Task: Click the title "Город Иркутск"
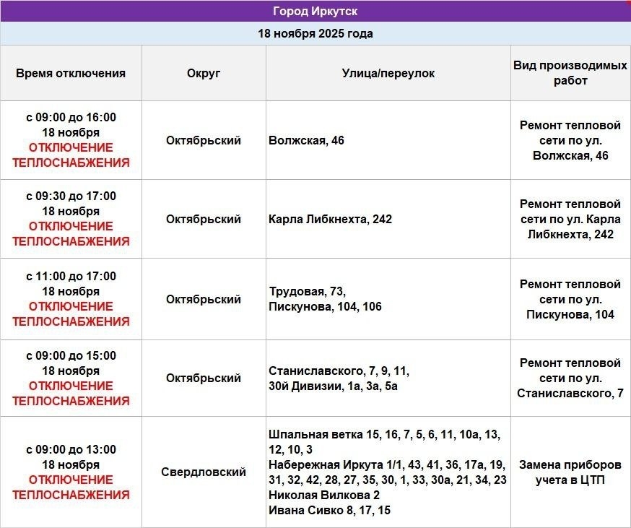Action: [x=315, y=11]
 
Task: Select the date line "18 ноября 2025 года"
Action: [x=315, y=33]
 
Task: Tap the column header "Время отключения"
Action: [x=71, y=73]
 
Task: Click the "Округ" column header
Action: [x=204, y=73]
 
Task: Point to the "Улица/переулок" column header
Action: [x=388, y=73]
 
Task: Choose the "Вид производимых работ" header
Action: [x=570, y=73]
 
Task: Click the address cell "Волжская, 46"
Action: [x=306, y=140]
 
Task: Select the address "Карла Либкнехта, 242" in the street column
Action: [x=330, y=219]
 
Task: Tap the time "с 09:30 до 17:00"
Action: [x=71, y=196]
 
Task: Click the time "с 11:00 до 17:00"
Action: [x=71, y=276]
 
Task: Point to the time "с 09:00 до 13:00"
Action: [x=71, y=449]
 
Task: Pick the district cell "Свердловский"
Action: [x=204, y=472]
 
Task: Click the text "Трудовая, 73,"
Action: [x=308, y=291]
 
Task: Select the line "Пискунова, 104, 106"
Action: [x=325, y=306]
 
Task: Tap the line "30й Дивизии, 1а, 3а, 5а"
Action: [x=333, y=386]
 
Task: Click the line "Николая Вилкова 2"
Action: [x=323, y=495]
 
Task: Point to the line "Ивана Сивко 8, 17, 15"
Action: [x=329, y=510]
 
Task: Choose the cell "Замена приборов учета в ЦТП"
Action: [x=570, y=472]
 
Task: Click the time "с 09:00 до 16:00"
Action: [x=71, y=117]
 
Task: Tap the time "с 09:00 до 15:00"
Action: [x=71, y=355]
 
